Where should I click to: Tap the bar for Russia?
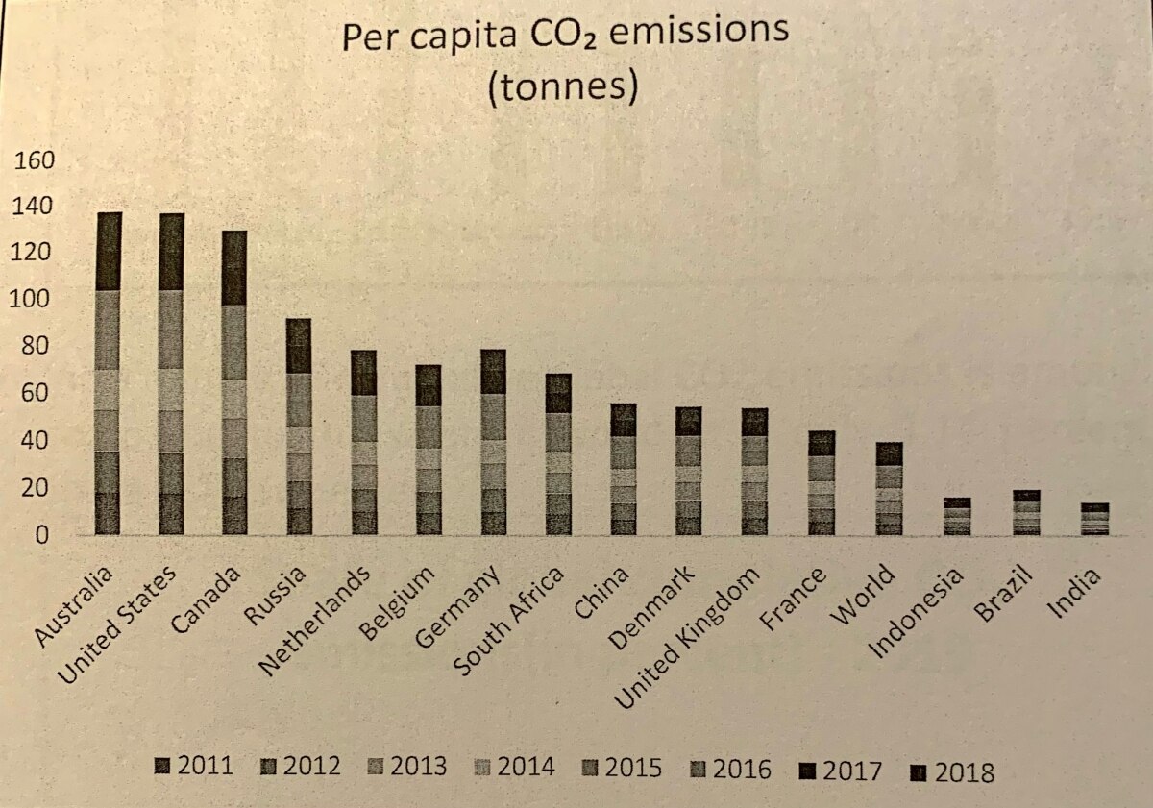[299, 427]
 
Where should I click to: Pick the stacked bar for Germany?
[493, 442]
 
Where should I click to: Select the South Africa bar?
[558, 453]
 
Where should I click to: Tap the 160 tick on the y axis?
[37, 159]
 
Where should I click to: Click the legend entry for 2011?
[193, 767]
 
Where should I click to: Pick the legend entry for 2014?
[516, 767]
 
